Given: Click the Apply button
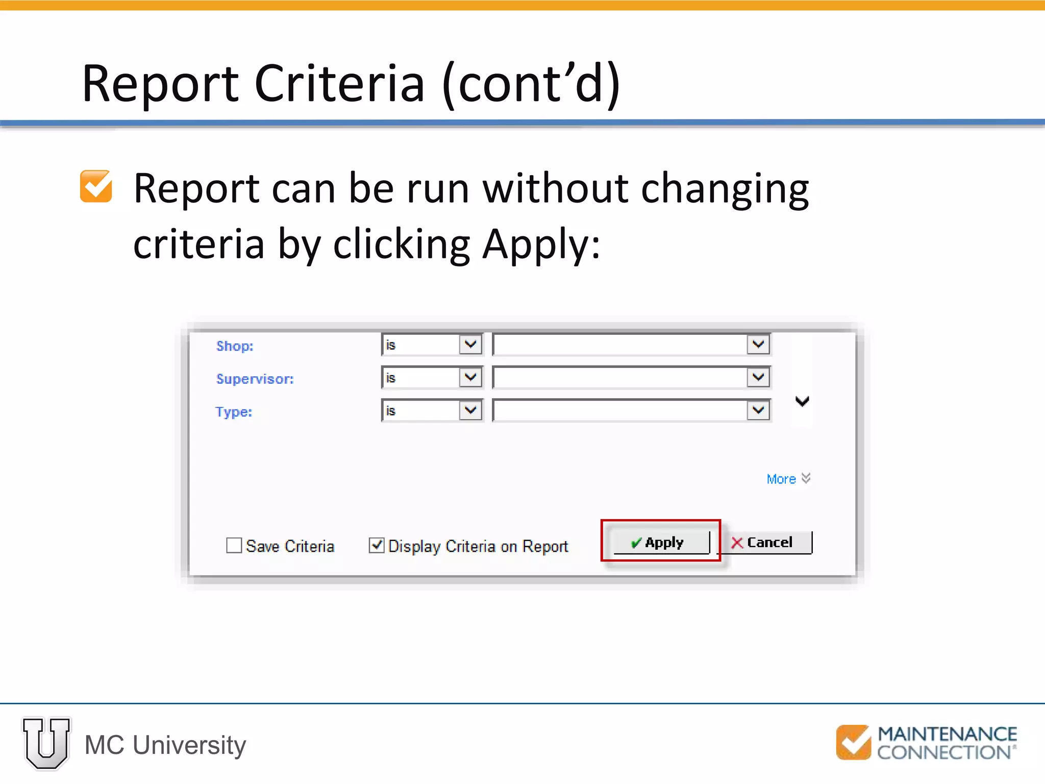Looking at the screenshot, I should (x=661, y=542).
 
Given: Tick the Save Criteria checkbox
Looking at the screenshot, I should (x=234, y=546).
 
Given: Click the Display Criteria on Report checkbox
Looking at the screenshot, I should (x=377, y=546).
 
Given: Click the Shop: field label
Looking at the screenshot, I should (x=235, y=346).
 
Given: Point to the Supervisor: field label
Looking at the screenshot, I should (x=255, y=379).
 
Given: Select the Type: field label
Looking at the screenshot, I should (x=234, y=411).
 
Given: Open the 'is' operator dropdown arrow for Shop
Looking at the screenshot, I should (x=470, y=345).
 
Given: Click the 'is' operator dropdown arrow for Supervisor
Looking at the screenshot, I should (x=470, y=378).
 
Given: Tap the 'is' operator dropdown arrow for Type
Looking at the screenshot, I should (x=470, y=410).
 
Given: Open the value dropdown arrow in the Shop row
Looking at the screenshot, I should (x=758, y=345).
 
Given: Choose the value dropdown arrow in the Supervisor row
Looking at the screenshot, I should (x=758, y=378).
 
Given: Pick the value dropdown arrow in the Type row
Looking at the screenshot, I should (x=758, y=410).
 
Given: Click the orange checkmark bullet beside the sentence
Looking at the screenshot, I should (x=96, y=187).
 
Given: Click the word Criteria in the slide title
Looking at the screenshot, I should (x=339, y=84).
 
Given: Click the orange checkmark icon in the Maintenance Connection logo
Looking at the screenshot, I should (x=853, y=742).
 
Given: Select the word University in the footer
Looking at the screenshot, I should (x=189, y=745).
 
